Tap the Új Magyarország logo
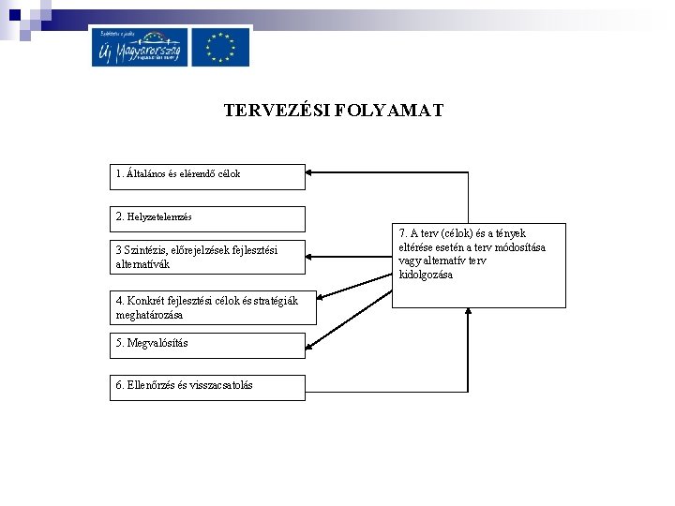(x=140, y=47)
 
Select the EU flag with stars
(x=221, y=47)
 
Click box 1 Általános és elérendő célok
(x=208, y=176)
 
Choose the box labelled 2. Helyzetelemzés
(x=208, y=218)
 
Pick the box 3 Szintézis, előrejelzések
(x=208, y=257)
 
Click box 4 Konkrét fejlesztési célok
(x=213, y=307)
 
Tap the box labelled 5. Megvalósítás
(x=208, y=345)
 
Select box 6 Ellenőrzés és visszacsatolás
(x=208, y=387)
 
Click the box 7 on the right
(x=479, y=265)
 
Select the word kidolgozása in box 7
(x=426, y=275)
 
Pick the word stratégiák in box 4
(x=271, y=301)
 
